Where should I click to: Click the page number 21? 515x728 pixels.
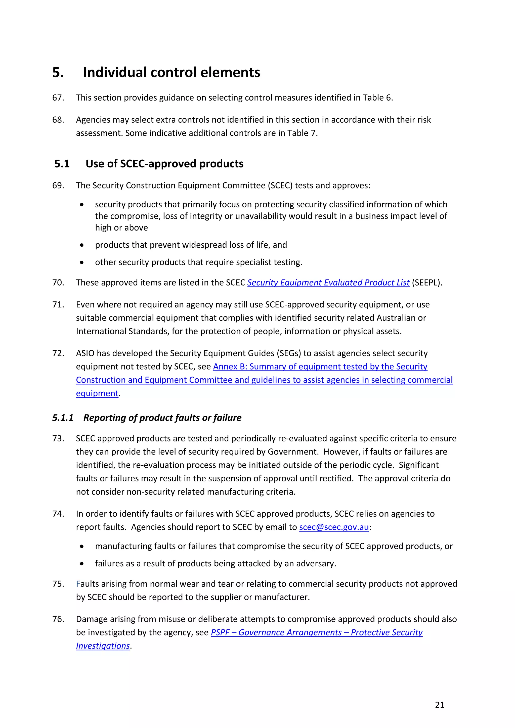click(440, 705)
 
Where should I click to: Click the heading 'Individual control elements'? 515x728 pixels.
click(171, 72)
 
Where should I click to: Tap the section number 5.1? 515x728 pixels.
click(62, 164)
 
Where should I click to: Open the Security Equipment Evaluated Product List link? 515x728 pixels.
click(328, 283)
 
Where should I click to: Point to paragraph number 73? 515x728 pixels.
click(58, 438)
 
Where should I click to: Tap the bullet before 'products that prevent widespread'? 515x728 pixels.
click(82, 245)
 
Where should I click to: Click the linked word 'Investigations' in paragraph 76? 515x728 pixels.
click(103, 646)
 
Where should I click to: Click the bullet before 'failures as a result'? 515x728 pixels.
click(82, 564)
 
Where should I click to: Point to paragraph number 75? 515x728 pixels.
click(58, 584)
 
